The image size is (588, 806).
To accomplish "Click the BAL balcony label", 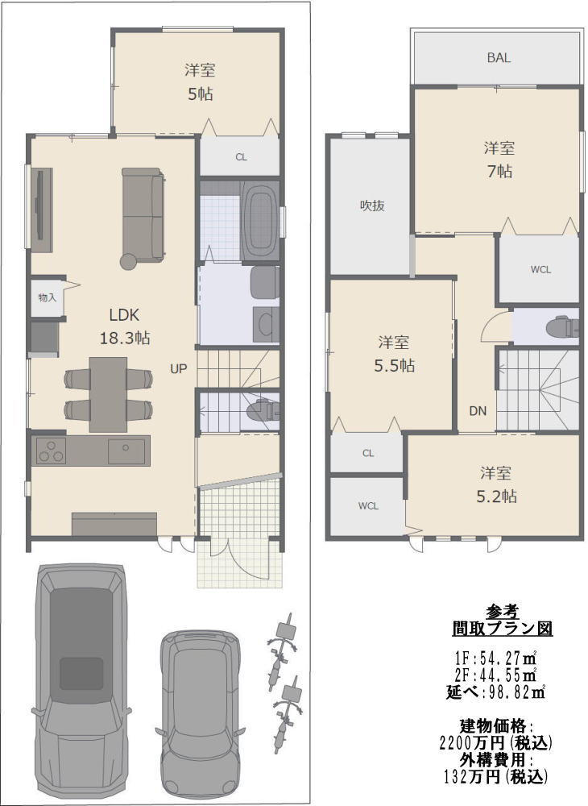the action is pos(499,57).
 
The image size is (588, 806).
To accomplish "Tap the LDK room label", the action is pos(124,314).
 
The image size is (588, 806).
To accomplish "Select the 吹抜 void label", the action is pos(372,206).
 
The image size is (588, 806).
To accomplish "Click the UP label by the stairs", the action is pos(179,368).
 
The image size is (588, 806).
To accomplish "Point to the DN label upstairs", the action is pos(478,411).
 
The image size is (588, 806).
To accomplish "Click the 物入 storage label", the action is pos(47,297).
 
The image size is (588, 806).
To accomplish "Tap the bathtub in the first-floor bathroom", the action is pos(259,222).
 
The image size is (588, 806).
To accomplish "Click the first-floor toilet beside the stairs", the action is pos(264,410).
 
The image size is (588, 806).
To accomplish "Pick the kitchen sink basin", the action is pos(126,451).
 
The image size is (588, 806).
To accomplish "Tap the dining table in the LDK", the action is pos(109,394).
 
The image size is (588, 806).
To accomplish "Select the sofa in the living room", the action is pos(143,214).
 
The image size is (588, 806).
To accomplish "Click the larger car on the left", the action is pos(81,682).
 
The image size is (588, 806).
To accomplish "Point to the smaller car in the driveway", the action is pos(201,714).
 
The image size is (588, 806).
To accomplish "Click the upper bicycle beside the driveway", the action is pos(281,651).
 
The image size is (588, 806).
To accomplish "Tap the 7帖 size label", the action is pos(499,171).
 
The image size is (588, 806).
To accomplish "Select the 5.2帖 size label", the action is pos(496,496).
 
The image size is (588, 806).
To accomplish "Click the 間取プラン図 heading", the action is pos(503,628).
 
